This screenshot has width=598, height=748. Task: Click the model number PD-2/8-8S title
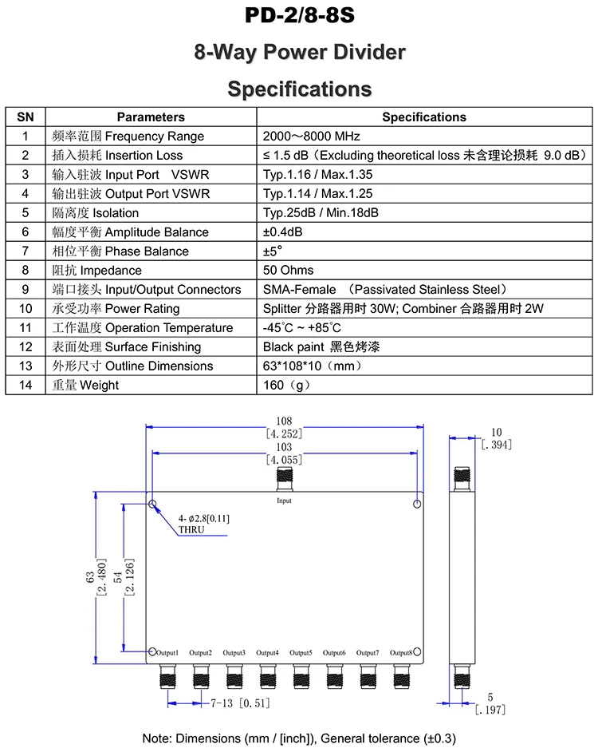299,17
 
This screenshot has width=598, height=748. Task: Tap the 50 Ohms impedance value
288,271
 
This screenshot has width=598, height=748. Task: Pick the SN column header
26,117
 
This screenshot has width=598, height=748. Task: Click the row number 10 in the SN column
26,309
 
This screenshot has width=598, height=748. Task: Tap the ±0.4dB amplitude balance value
282,232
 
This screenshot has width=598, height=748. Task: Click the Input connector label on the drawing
284,501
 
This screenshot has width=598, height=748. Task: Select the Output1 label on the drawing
167,653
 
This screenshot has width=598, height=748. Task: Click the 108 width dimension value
284,421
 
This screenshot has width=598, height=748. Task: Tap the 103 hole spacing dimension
284,448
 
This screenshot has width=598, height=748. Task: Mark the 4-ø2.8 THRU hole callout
203,524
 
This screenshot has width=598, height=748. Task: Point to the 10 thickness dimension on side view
497,433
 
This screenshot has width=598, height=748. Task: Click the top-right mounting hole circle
417,505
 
